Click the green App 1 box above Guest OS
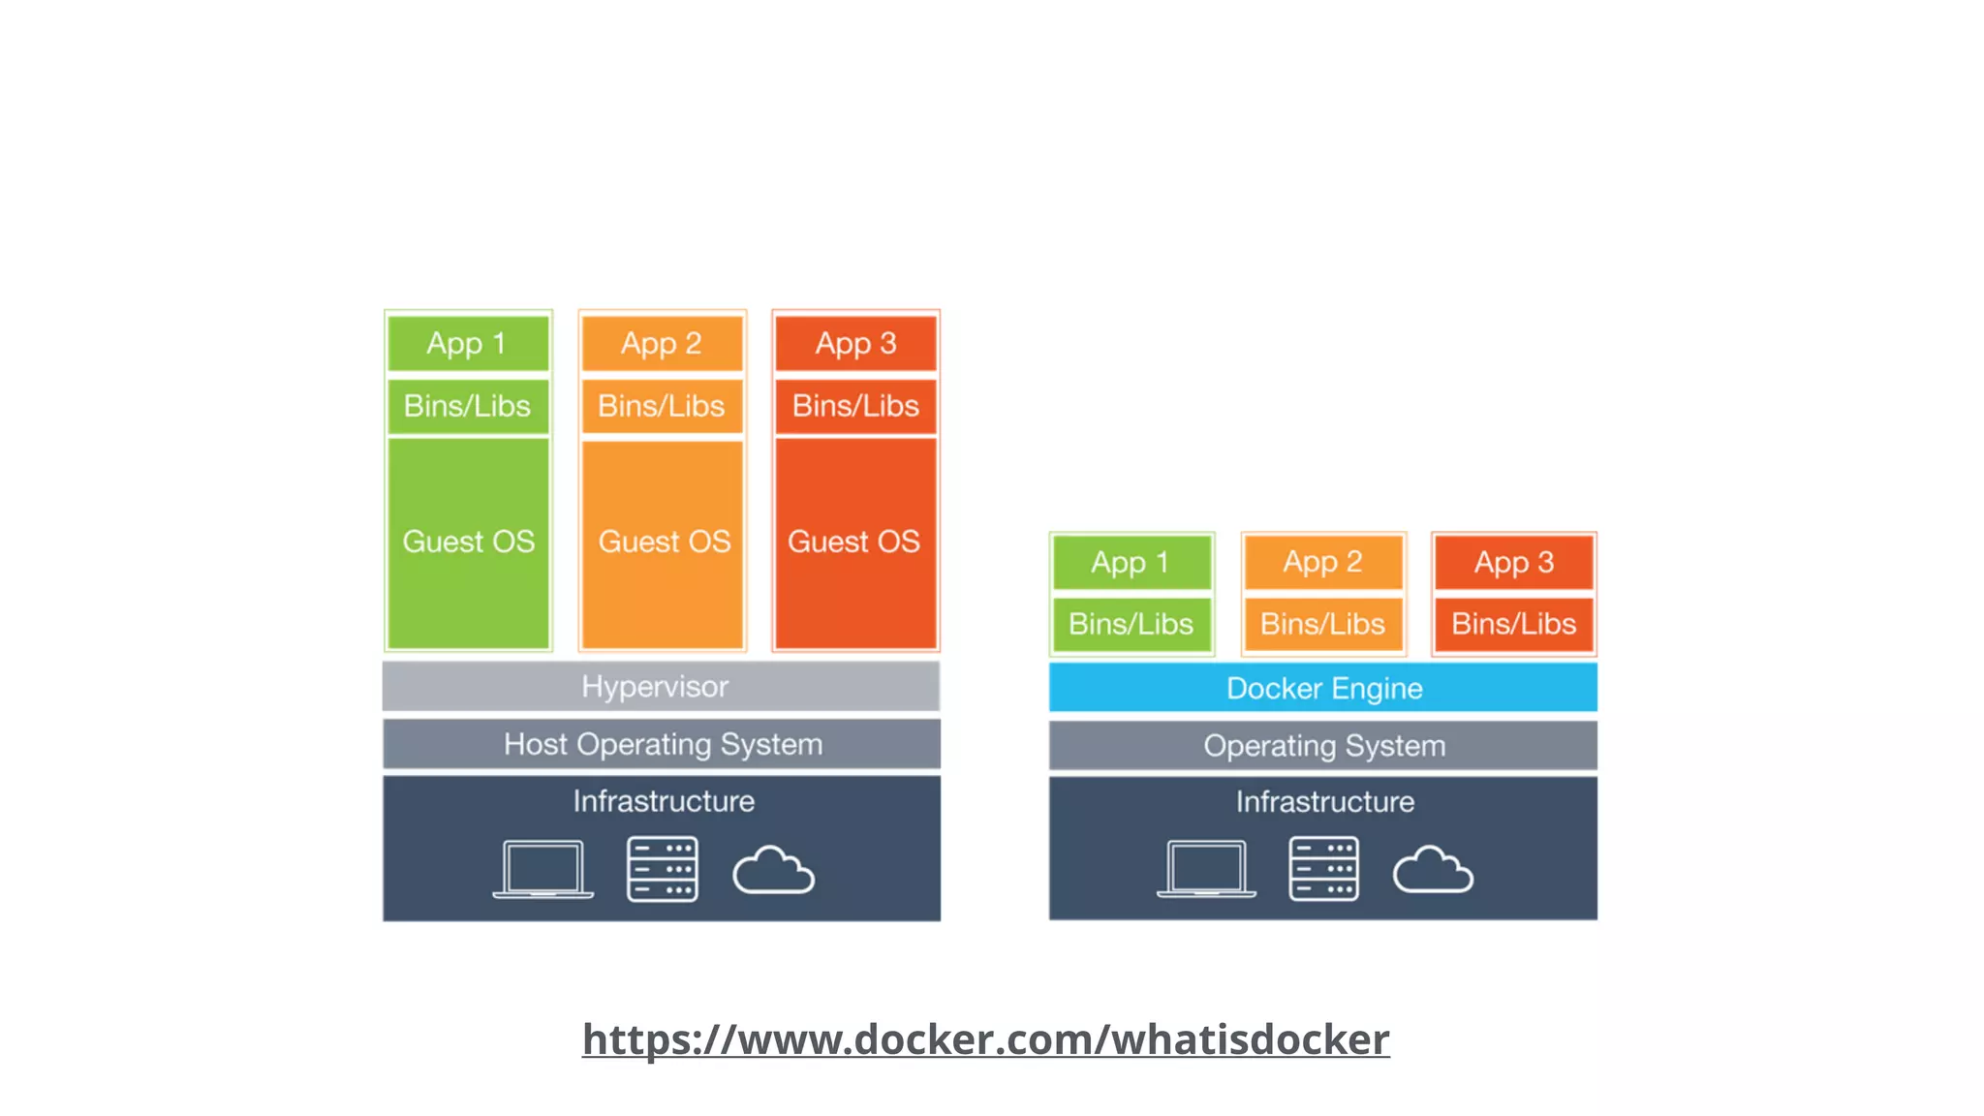click(x=468, y=343)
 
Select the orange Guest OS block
click(x=663, y=542)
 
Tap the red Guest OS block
click(x=855, y=542)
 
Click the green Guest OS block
click(x=468, y=542)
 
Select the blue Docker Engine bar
click(x=1323, y=688)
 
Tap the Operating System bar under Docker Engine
click(x=1323, y=745)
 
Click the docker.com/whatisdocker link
click(x=985, y=1038)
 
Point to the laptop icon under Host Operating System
click(x=542, y=869)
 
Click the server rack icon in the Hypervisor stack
click(x=663, y=869)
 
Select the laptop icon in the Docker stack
click(x=1206, y=869)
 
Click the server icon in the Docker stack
click(x=1323, y=869)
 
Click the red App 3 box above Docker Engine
click(x=1514, y=562)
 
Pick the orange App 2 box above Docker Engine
click(x=1323, y=562)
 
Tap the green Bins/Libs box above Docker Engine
click(x=1131, y=624)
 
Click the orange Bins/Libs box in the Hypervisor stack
click(x=662, y=406)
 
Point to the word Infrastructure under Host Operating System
click(x=664, y=801)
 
